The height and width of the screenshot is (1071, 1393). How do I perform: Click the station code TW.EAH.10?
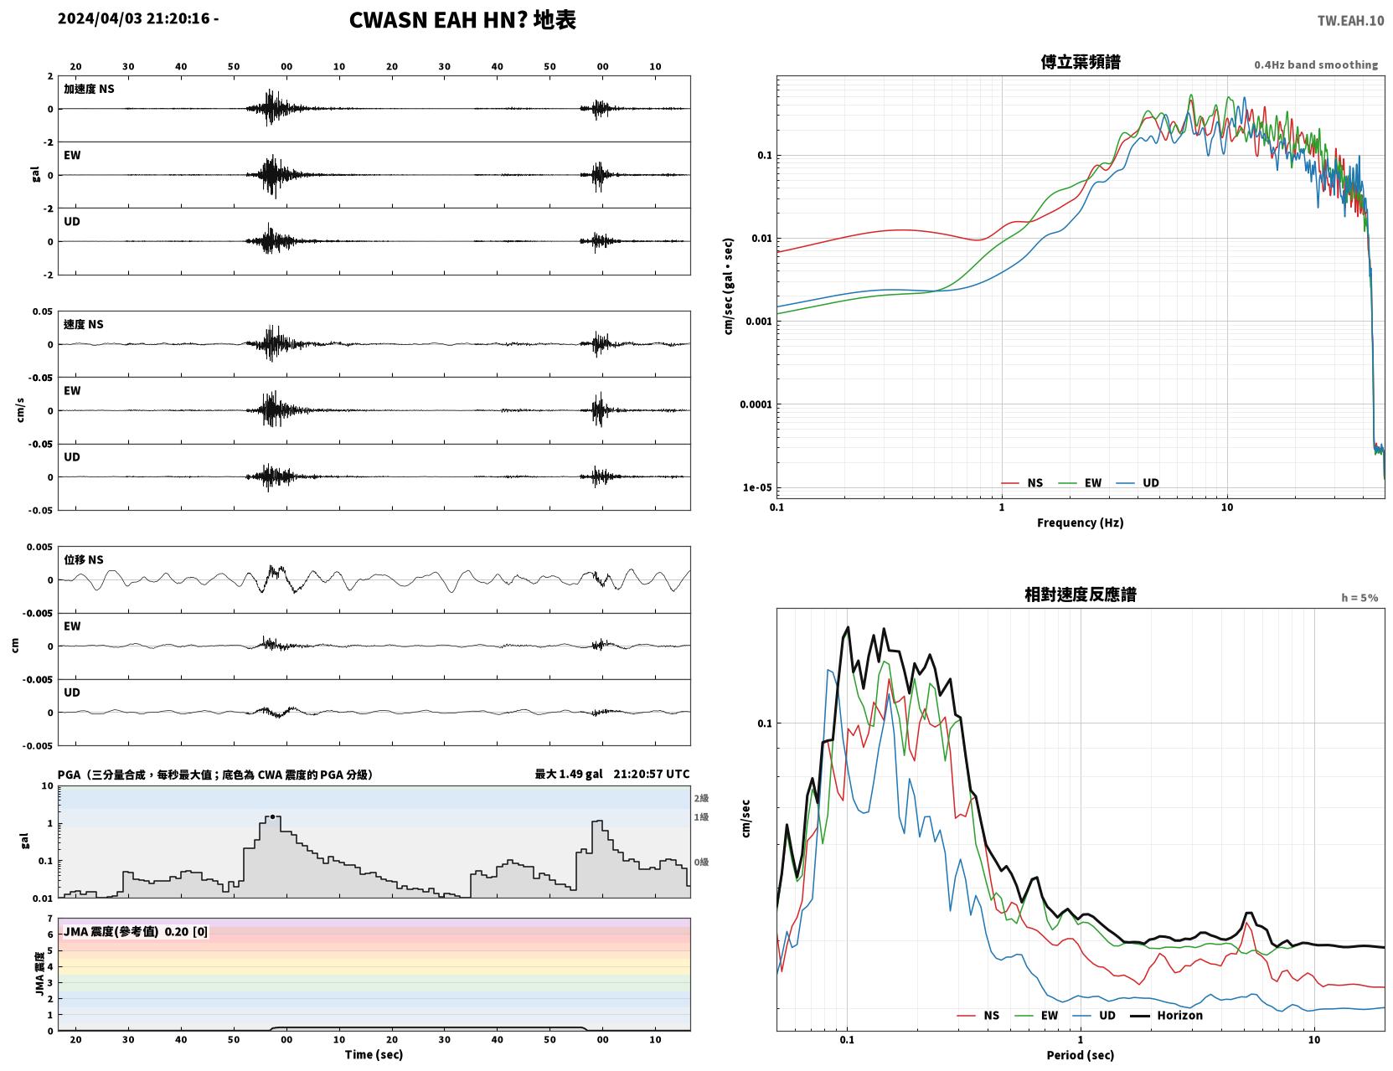point(1350,20)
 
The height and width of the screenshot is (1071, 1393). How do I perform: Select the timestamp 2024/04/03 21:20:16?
point(133,18)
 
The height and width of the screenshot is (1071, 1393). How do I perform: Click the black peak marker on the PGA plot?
point(272,816)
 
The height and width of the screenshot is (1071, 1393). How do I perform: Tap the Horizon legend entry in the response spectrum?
point(1166,1015)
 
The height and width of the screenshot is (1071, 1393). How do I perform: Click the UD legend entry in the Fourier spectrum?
point(1138,483)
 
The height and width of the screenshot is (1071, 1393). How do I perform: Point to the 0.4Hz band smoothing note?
point(1315,64)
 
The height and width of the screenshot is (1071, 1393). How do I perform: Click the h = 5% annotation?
point(1359,598)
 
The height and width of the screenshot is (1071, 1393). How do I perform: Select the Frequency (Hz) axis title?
point(1080,523)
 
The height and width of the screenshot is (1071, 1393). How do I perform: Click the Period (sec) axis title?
point(1080,1055)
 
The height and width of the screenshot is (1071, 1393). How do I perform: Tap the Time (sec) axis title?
point(374,1054)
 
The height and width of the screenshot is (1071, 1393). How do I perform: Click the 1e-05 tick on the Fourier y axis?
point(757,487)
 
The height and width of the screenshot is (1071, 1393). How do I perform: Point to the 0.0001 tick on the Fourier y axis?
point(756,404)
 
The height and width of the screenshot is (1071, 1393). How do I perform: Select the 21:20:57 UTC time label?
point(652,774)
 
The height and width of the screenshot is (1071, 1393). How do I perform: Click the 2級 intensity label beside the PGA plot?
point(701,798)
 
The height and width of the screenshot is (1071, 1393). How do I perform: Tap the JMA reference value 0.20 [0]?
point(186,931)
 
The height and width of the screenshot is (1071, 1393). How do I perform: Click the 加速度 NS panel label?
point(89,89)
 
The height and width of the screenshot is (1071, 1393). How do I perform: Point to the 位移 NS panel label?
point(83,560)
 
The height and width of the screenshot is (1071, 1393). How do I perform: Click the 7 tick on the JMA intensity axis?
point(50,919)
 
